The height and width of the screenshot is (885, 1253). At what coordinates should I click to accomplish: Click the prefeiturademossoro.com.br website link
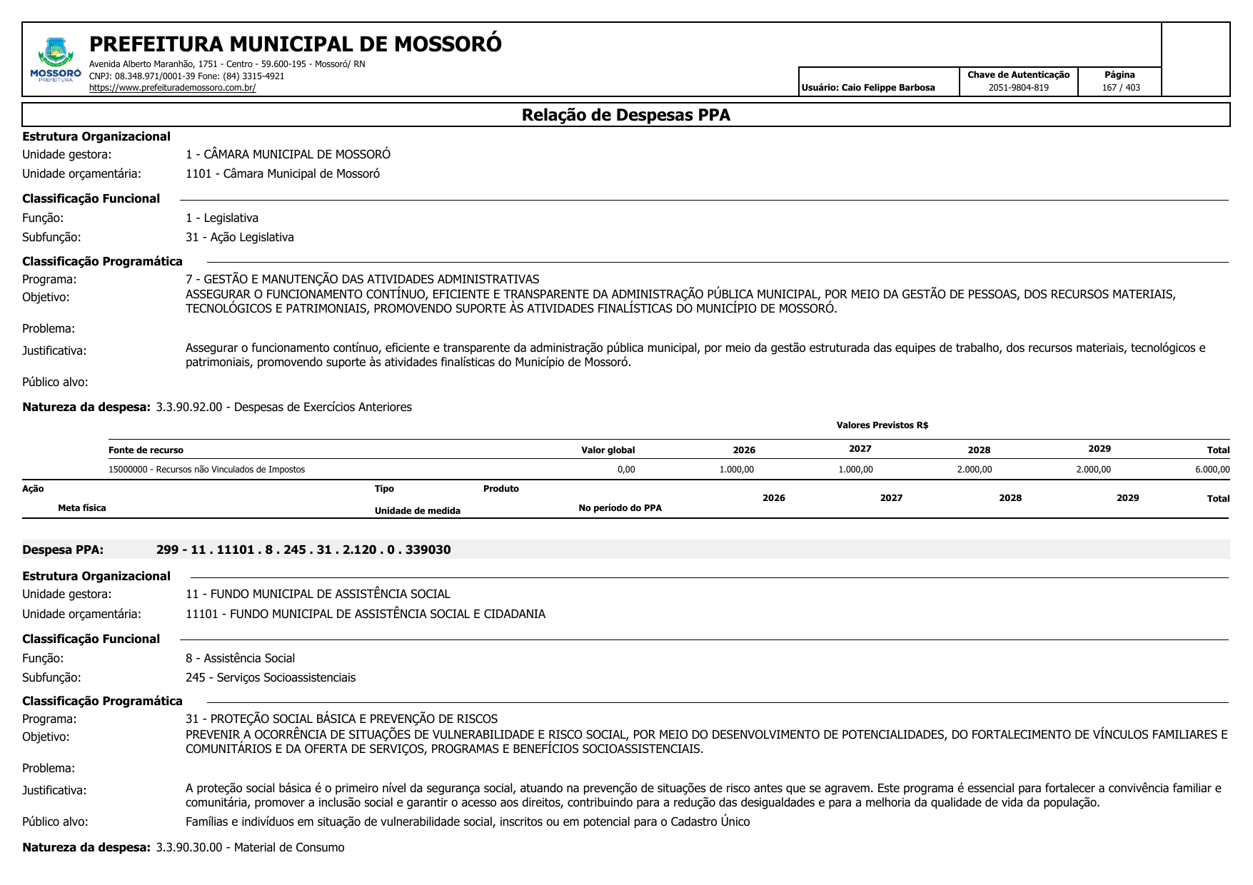point(172,88)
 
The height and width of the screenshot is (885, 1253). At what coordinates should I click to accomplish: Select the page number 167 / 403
point(1120,88)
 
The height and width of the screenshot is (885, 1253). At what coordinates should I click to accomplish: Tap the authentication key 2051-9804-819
point(1018,88)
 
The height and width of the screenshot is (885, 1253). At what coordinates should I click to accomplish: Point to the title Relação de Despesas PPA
point(625,116)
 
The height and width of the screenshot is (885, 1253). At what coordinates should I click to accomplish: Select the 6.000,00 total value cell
point(1212,470)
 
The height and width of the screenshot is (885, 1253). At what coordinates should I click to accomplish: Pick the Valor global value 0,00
point(625,470)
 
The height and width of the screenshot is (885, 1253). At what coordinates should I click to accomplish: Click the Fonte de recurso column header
point(146,450)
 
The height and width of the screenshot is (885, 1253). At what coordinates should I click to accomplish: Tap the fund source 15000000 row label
point(206,470)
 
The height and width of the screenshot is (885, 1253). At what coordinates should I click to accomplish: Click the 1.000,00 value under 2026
point(736,470)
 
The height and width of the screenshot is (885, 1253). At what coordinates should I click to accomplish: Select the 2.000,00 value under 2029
point(1093,470)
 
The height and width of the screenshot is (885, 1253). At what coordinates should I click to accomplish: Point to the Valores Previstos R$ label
point(882,425)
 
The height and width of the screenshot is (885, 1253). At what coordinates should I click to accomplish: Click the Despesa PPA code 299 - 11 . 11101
point(303,550)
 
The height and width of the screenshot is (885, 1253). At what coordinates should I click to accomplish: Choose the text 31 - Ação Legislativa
point(239,238)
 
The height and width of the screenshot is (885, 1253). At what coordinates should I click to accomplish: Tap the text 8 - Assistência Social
point(240,658)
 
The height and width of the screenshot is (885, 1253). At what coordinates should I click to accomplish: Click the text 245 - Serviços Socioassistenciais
point(270,677)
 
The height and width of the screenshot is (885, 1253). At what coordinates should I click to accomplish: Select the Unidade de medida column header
point(417,511)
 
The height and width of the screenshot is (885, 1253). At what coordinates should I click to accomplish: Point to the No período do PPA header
point(620,508)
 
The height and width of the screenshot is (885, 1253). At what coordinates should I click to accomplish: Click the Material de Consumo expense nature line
point(250,848)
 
